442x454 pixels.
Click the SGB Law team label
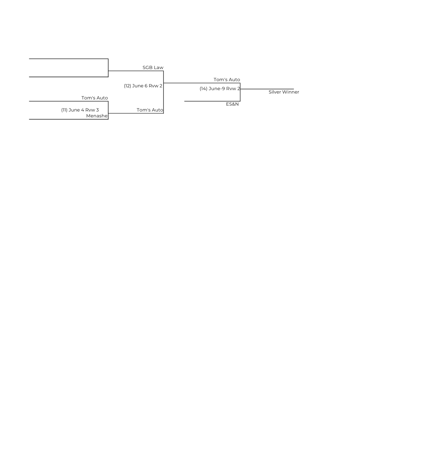click(x=153, y=68)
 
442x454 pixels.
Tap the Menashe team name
click(x=97, y=116)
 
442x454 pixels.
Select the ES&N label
click(x=232, y=104)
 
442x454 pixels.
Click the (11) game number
click(x=64, y=110)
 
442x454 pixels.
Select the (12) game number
click(x=127, y=86)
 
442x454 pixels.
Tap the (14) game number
click(x=203, y=89)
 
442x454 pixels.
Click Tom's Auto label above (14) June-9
click(x=227, y=80)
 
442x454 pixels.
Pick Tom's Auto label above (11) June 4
click(x=95, y=98)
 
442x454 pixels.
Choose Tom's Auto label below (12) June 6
click(x=150, y=110)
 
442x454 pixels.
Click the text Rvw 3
click(x=92, y=110)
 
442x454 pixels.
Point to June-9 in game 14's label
click(x=217, y=89)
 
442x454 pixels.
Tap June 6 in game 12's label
click(x=140, y=86)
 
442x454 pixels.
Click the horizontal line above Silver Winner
click(x=267, y=89)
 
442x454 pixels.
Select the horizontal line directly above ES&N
click(x=212, y=101)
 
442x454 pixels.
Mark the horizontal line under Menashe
click(x=69, y=119)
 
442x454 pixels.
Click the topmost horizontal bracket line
click(x=69, y=59)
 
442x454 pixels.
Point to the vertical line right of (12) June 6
click(x=163, y=92)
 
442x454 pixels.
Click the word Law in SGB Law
click(x=158, y=68)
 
